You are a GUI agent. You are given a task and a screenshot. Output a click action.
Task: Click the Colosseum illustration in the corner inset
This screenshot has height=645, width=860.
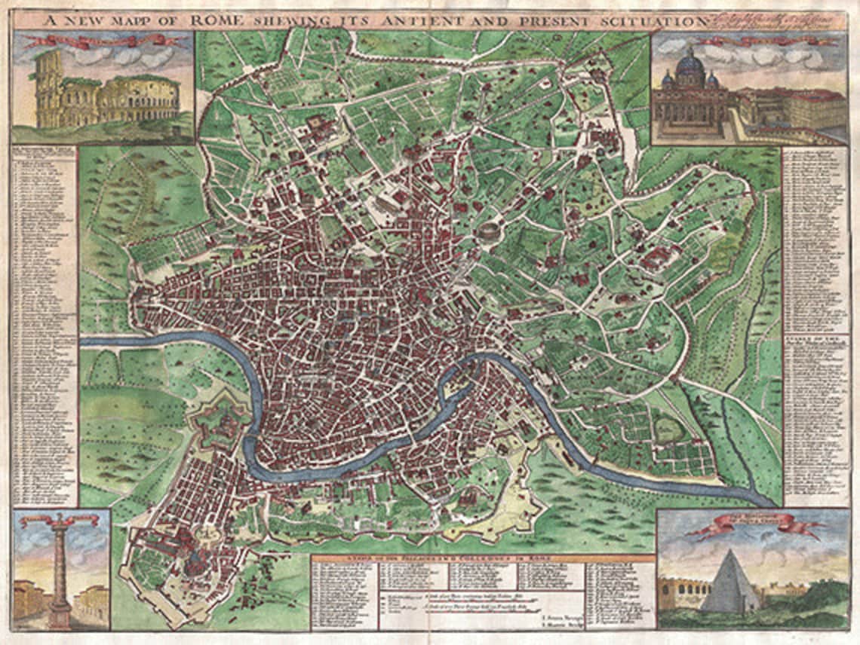coord(106,98)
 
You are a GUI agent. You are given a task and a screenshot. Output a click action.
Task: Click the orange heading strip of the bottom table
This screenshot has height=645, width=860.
coord(483,558)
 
